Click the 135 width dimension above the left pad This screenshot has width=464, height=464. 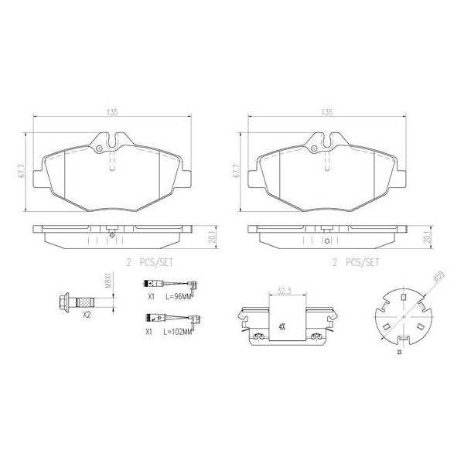click(x=111, y=113)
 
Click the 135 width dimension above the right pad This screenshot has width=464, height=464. click(x=326, y=113)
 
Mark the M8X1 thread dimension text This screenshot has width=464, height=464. click(x=109, y=279)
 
